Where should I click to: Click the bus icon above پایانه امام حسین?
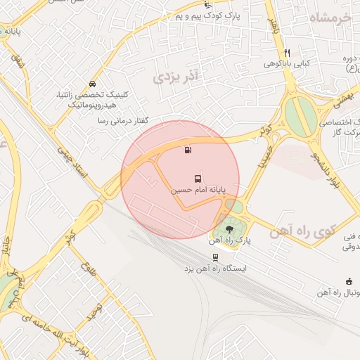pyautogui.click(x=197, y=179)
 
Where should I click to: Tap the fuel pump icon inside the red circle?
pyautogui.click(x=186, y=149)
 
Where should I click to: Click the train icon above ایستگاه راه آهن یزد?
pyautogui.click(x=214, y=257)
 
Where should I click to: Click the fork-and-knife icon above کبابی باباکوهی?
pyautogui.click(x=287, y=53)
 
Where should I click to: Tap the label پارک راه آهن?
pyautogui.click(x=230, y=240)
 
